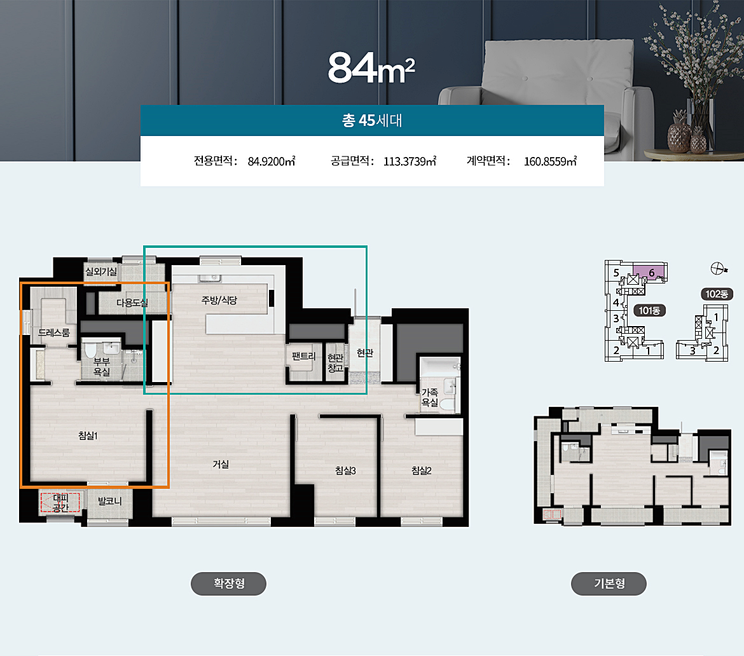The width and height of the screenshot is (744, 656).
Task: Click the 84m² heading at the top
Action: pos(371,68)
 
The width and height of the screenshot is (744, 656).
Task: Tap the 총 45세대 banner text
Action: pos(372,121)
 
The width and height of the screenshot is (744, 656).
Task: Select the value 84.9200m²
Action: pos(272,161)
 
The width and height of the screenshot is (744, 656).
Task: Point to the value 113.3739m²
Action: pos(410,161)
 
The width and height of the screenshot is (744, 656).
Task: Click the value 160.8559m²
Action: pos(550,161)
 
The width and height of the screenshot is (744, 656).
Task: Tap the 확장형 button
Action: pos(229,584)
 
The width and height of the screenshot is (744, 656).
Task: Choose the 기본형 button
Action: pos(609,584)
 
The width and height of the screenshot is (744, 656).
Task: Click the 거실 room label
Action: pos(221,464)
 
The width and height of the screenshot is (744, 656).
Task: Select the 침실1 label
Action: pos(88,435)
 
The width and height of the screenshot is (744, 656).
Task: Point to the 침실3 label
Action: pos(345,470)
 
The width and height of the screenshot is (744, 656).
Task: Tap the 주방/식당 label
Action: pos(219,300)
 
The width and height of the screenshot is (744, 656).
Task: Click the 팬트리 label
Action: pos(304,356)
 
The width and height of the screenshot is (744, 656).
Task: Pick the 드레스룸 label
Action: pos(54,332)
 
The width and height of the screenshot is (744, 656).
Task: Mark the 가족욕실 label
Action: pos(430,397)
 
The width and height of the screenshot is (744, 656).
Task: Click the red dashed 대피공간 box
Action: pos(60,503)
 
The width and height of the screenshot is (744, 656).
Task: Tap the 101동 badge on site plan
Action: pos(650,311)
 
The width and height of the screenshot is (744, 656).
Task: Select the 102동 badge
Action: pos(717,294)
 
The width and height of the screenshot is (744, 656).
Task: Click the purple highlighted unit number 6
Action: pos(651,273)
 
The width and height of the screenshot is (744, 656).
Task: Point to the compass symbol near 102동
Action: pos(719,268)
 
